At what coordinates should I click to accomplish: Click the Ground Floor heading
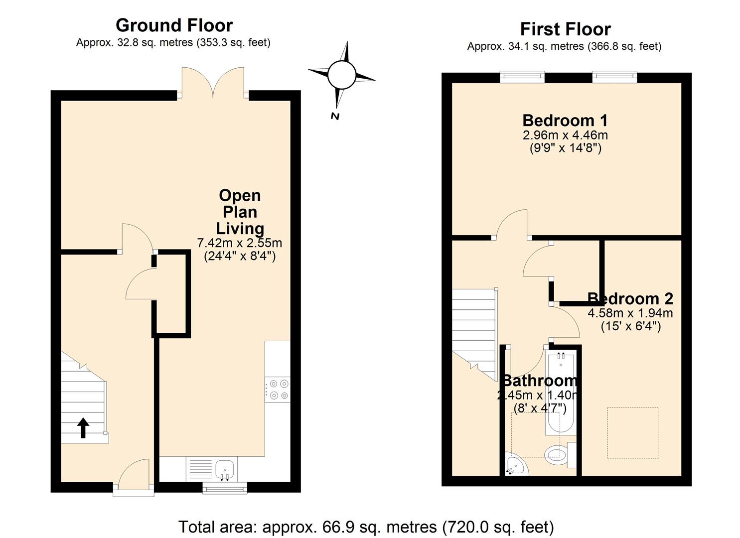click(x=174, y=25)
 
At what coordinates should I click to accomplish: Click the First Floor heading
click(x=565, y=29)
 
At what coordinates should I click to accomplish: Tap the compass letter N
click(x=335, y=116)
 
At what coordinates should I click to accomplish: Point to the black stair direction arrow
click(x=83, y=428)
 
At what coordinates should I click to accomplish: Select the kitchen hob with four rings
click(x=278, y=390)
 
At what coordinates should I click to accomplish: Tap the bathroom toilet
click(x=560, y=455)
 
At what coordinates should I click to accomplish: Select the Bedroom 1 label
click(x=565, y=121)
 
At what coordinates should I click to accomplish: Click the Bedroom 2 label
click(x=630, y=298)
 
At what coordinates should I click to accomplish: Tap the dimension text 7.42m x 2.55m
click(x=240, y=243)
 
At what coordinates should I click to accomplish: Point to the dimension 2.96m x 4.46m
click(x=565, y=135)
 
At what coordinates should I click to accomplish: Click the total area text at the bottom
click(x=366, y=527)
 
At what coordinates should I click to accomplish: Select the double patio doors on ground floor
click(x=213, y=83)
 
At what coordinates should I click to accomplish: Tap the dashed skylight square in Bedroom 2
click(x=633, y=433)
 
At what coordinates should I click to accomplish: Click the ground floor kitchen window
click(x=225, y=488)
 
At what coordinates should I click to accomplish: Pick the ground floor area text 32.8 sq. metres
click(x=155, y=43)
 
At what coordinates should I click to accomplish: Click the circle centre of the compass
click(x=342, y=75)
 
